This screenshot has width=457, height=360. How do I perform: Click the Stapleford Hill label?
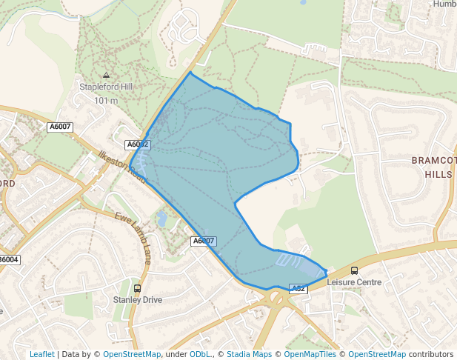pyautogui.click(x=106, y=87)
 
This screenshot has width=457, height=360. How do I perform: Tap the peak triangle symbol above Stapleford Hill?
pyautogui.click(x=106, y=75)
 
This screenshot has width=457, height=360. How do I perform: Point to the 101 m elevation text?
pyautogui.click(x=106, y=100)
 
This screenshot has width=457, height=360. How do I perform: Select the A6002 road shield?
pyautogui.click(x=138, y=144)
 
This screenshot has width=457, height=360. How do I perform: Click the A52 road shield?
pyautogui.click(x=298, y=288)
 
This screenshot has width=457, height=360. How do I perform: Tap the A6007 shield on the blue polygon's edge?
pyautogui.click(x=204, y=241)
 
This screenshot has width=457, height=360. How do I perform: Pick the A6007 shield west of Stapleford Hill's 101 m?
pyautogui.click(x=60, y=127)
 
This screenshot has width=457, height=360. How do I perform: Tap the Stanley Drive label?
pyautogui.click(x=137, y=300)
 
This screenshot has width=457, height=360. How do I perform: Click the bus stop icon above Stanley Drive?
pyautogui.click(x=137, y=288)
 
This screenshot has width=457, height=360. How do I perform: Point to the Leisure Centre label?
pyautogui.click(x=354, y=282)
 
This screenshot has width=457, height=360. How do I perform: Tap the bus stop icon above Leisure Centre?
pyautogui.click(x=354, y=270)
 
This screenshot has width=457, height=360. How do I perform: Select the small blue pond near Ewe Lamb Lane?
pyautogui.click(x=161, y=219)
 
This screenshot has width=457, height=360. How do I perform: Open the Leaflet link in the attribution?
pyautogui.click(x=41, y=354)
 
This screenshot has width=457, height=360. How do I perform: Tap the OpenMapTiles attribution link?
pyautogui.click(x=311, y=354)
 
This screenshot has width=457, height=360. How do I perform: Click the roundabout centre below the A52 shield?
pyautogui.click(x=279, y=299)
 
